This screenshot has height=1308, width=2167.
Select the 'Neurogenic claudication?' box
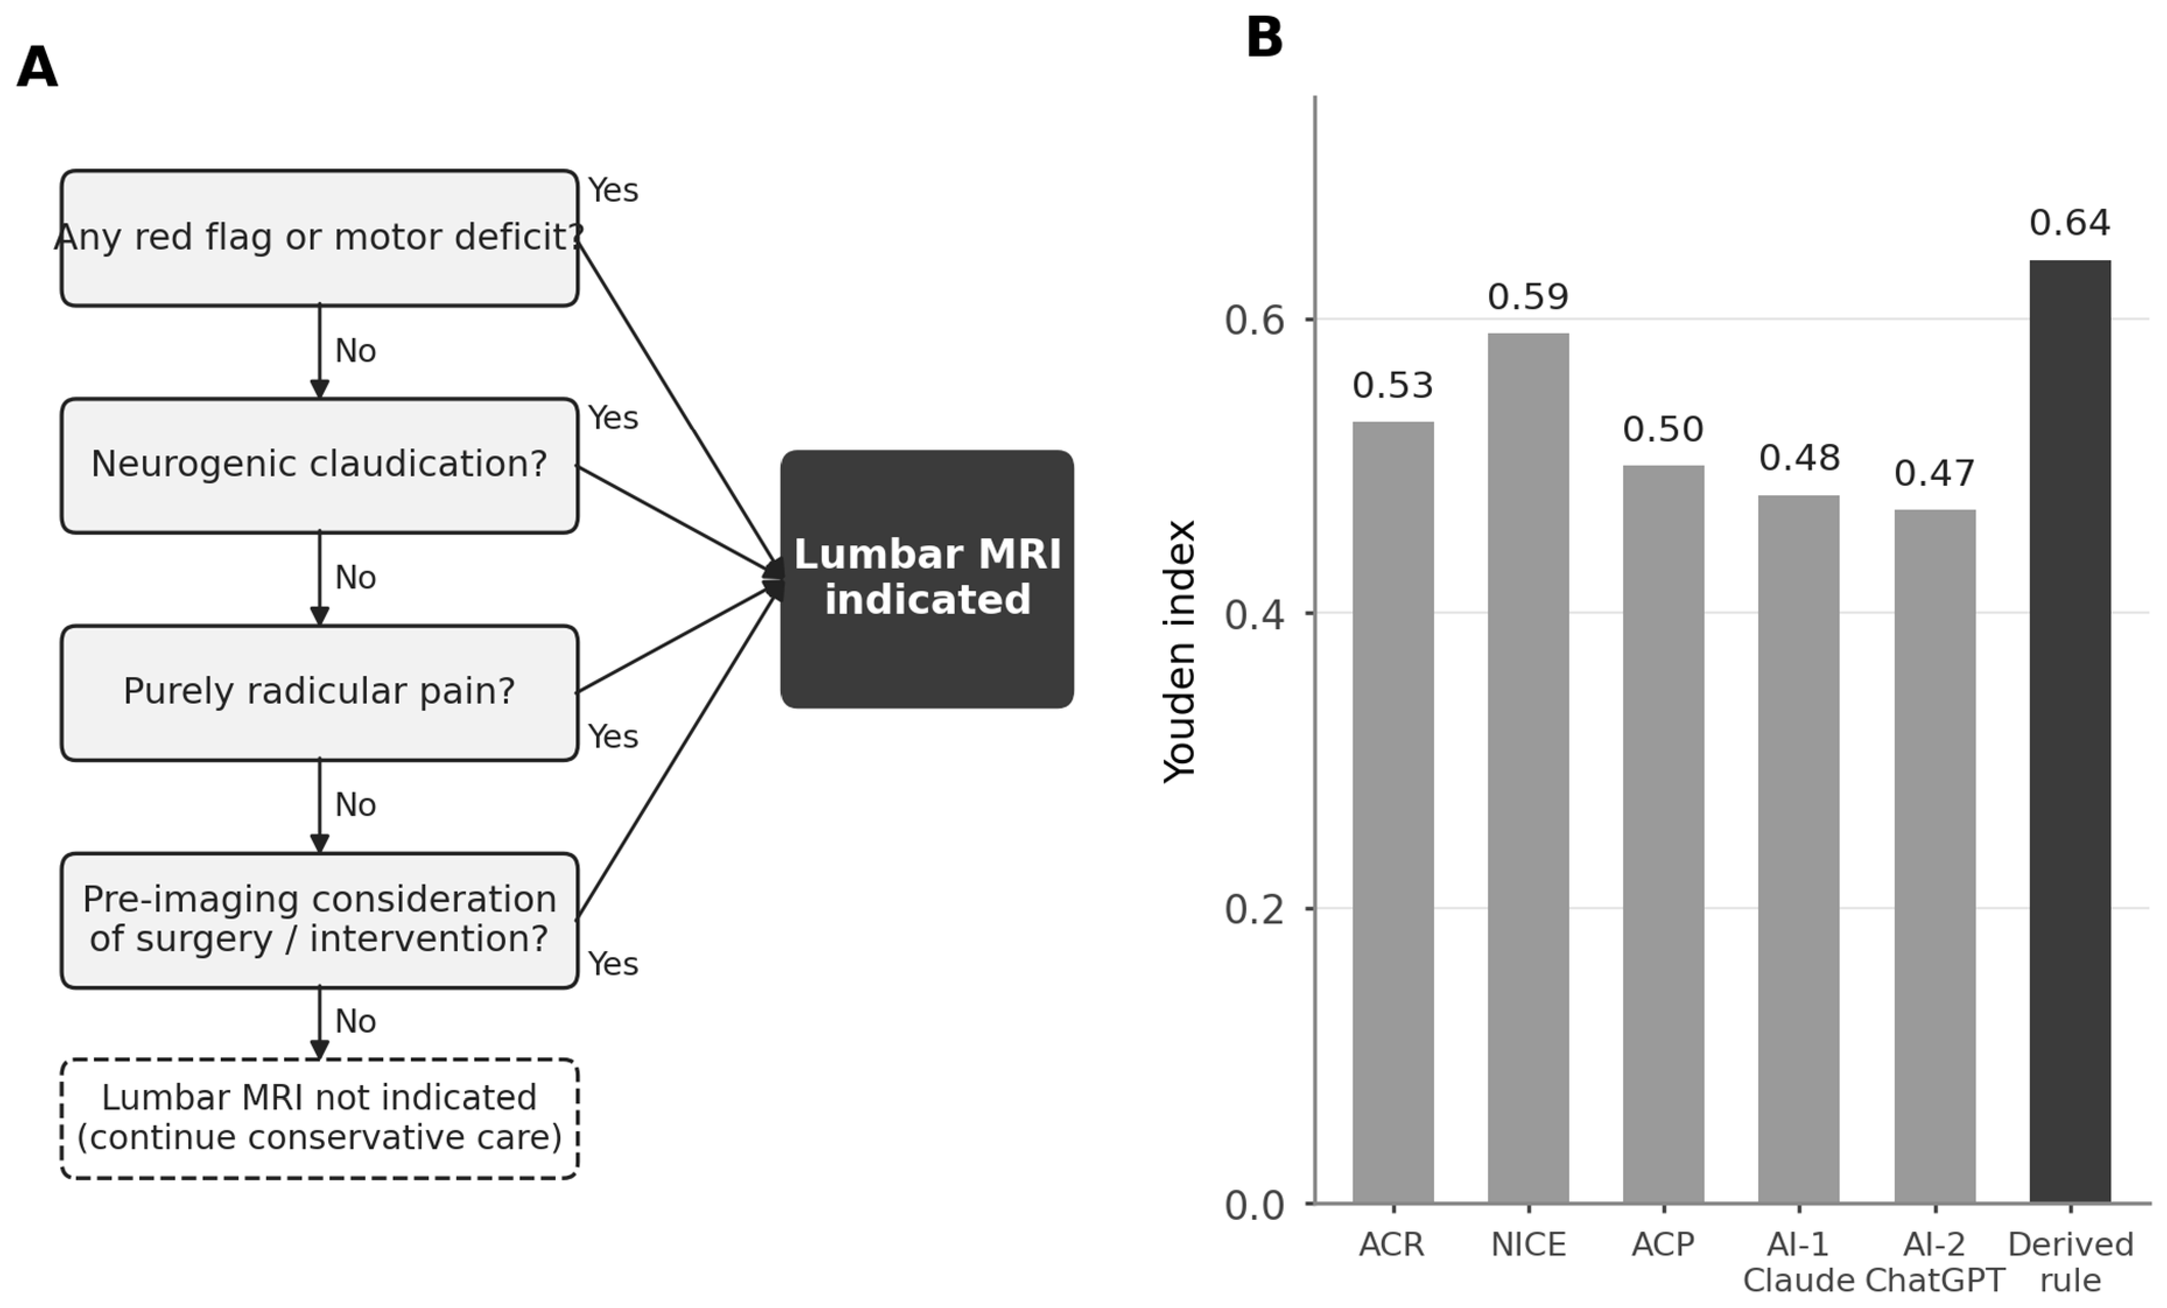pyautogui.click(x=319, y=465)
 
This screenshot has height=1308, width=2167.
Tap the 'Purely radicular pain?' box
pyautogui.click(x=319, y=693)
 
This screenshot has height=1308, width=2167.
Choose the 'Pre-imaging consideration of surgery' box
pyautogui.click(x=319, y=920)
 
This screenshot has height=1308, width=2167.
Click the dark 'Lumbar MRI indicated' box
pyautogui.click(x=927, y=579)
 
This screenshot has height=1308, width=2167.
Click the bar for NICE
pyautogui.click(x=1529, y=767)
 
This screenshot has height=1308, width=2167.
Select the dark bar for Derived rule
pyautogui.click(x=2070, y=731)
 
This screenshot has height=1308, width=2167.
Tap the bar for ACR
pyautogui.click(x=1393, y=812)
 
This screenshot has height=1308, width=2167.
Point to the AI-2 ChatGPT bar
pyautogui.click(x=1935, y=856)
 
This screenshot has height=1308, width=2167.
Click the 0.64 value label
pyautogui.click(x=2070, y=223)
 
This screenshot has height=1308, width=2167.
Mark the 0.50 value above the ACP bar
pyautogui.click(x=1663, y=429)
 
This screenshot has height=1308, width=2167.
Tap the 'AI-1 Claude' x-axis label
pyautogui.click(x=1799, y=1263)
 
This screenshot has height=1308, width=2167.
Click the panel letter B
pyautogui.click(x=1265, y=38)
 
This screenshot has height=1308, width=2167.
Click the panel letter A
pyautogui.click(x=37, y=68)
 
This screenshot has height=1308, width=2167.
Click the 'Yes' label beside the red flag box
pyautogui.click(x=613, y=191)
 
